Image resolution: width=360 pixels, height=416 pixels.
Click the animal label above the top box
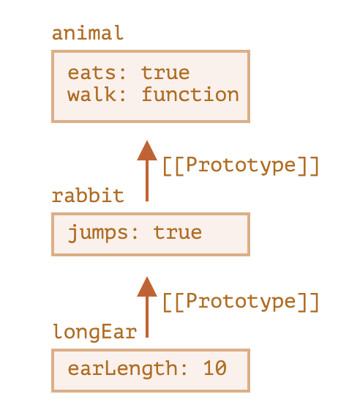pos(88,33)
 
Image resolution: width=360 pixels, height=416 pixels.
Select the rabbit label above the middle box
pos(88,196)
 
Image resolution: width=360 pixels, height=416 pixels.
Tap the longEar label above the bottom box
pos(94,332)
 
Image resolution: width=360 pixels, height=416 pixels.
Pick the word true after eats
pos(165,73)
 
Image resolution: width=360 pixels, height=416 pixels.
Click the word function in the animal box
pos(190,94)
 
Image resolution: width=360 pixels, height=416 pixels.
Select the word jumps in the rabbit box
pos(98,233)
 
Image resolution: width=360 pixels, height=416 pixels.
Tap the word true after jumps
pos(178,233)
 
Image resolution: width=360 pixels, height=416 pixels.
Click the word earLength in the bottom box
pos(123,369)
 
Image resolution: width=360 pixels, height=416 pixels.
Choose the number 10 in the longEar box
pos(214,368)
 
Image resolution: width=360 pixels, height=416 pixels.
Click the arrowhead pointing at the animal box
pos(147,150)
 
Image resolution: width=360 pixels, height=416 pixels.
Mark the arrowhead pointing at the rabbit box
pos(147,286)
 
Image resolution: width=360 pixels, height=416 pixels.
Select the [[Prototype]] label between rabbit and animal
pos(241,166)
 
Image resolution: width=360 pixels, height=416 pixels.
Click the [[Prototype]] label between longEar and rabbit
pos(241,302)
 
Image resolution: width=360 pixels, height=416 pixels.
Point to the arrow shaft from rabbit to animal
pos(147,181)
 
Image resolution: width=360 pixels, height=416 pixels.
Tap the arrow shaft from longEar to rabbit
pos(147,317)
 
